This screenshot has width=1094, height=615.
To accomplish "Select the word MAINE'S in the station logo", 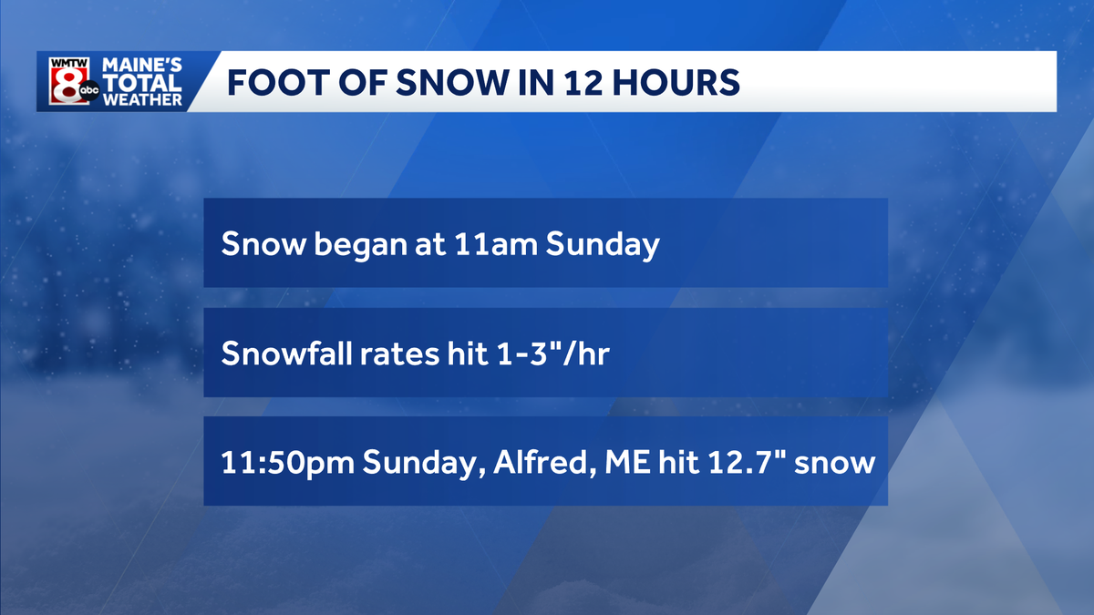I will coord(141,66).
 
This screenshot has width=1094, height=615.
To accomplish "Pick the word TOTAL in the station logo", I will coord(141,83).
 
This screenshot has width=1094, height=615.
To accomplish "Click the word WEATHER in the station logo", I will coord(141,99).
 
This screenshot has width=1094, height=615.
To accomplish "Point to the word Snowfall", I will coord(278,354).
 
